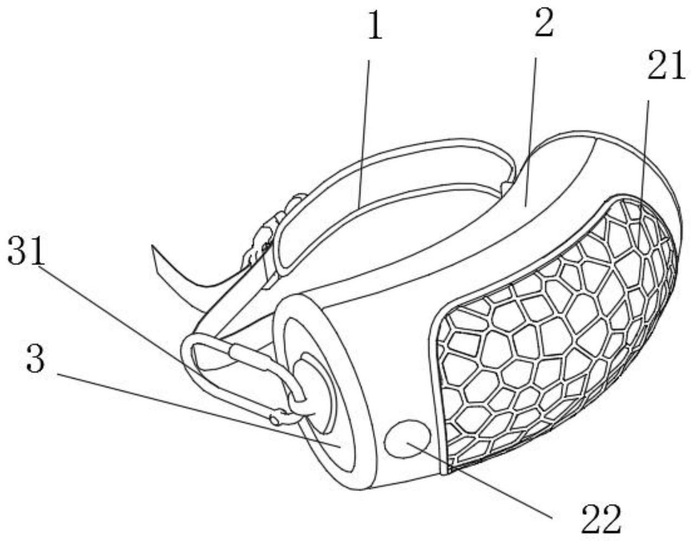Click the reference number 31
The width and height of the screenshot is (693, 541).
click(x=26, y=250)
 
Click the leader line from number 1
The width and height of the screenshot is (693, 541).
click(x=364, y=134)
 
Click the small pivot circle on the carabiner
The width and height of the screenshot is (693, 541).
click(x=274, y=420)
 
